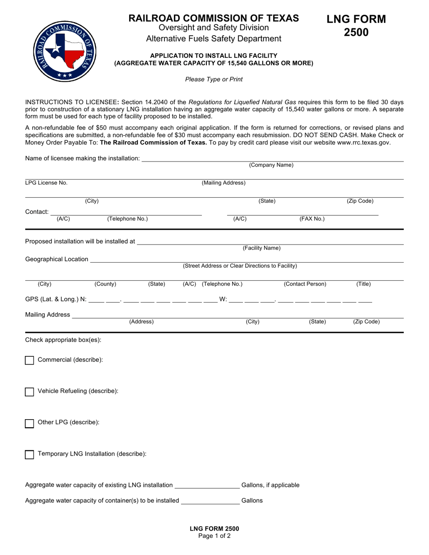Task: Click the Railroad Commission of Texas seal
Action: coord(65,51)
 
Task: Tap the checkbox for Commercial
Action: coord(29,360)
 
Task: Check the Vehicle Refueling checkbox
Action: coord(29,392)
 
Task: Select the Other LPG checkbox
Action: coord(29,423)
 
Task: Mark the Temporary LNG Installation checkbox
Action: coord(29,454)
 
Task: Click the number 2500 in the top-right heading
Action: coord(356,32)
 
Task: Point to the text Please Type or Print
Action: coord(214,79)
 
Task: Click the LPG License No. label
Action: coord(46,183)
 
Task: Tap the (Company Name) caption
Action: coord(271,165)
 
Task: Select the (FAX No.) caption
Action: coord(312,219)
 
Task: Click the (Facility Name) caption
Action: coord(261,248)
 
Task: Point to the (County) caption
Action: coord(105,284)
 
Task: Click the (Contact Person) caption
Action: coord(305,284)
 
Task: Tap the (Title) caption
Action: coord(364,284)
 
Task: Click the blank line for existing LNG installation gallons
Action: coord(207,486)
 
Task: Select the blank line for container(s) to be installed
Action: coord(210,501)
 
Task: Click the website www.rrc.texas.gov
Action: coord(364,143)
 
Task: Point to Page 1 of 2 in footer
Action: coord(214,536)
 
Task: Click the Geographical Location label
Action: coord(57,259)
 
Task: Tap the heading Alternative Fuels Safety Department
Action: coord(214,39)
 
